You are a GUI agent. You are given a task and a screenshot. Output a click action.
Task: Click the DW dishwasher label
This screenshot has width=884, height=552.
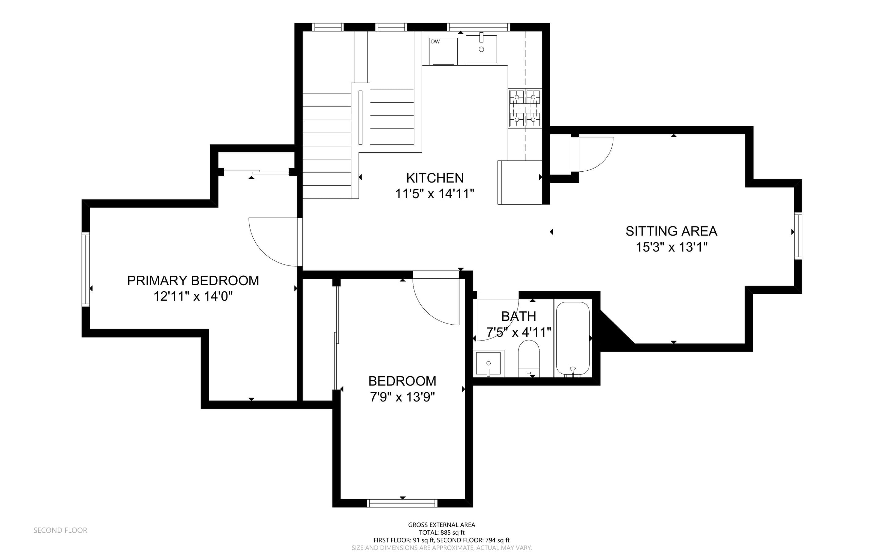tap(435, 41)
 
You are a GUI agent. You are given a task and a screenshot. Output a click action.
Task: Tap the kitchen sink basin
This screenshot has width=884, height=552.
tap(481, 49)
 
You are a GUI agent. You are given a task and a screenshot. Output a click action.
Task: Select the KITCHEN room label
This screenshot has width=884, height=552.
tap(435, 178)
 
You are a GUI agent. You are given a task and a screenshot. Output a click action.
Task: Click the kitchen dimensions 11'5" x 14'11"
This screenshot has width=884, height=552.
tap(435, 193)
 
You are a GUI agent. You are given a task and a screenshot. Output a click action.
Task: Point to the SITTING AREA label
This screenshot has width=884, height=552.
tap(671, 231)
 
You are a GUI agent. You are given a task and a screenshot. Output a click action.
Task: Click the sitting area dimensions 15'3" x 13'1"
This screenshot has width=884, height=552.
tap(671, 247)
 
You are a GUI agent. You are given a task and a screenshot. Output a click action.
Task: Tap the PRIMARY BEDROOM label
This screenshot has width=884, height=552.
tap(193, 280)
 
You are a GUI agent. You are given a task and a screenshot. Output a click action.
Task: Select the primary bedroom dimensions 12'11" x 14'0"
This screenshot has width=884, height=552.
tap(193, 296)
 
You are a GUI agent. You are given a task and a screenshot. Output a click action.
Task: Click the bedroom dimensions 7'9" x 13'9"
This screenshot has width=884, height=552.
tap(402, 397)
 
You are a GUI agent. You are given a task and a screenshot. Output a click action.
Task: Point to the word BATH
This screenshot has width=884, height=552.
tap(518, 316)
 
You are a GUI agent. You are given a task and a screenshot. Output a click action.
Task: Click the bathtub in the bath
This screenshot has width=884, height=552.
tap(572, 339)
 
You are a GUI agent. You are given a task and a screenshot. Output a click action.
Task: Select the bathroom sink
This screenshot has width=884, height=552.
tap(489, 364)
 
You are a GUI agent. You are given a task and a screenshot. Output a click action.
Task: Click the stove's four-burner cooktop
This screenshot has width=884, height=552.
tap(525, 108)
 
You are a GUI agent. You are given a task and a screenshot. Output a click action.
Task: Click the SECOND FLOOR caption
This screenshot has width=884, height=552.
tap(60, 530)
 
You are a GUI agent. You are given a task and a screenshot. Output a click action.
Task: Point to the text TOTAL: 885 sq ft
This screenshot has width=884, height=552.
tap(441, 533)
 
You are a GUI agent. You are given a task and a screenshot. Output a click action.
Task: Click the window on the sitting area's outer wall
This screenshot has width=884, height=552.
tap(798, 236)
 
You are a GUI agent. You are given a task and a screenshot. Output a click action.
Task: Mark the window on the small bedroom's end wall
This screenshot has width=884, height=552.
tap(402, 503)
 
